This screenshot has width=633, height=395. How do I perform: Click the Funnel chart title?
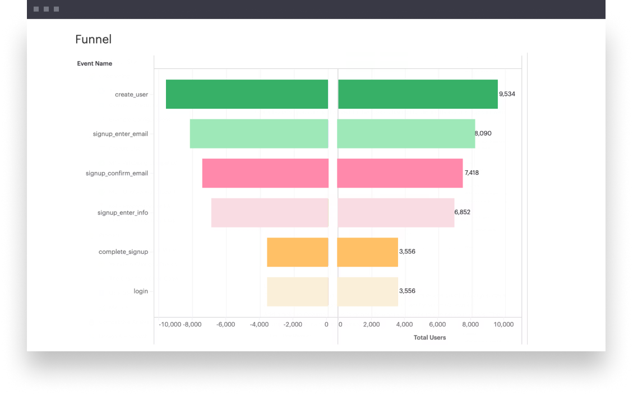tap(93, 39)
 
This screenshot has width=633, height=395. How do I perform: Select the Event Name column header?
tap(94, 63)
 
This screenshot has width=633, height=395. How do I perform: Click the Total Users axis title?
tap(429, 337)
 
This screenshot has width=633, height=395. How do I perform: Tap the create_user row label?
tap(131, 95)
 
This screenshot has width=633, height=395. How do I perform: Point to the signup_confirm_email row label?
tap(117, 173)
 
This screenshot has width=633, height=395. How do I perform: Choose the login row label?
tap(141, 291)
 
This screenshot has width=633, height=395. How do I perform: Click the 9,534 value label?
tap(507, 94)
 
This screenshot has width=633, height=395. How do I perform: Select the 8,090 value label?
tap(483, 133)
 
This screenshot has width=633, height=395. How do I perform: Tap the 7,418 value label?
tap(472, 173)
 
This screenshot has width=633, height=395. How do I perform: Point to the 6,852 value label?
tap(463, 212)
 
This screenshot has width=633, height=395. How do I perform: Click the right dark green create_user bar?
tap(418, 94)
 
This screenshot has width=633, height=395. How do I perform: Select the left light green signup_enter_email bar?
tap(259, 133)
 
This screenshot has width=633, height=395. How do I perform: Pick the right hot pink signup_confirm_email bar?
tap(400, 173)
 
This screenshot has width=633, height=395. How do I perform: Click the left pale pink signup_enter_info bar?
tap(270, 212)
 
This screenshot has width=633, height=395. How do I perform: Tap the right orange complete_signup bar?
tap(367, 252)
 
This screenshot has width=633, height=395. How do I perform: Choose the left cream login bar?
tap(297, 291)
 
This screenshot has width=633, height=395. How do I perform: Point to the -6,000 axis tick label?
tap(225, 324)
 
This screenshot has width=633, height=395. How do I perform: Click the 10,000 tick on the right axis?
tap(503, 324)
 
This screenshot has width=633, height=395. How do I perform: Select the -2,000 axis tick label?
tap(292, 324)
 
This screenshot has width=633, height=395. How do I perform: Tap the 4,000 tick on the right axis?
tap(404, 324)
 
